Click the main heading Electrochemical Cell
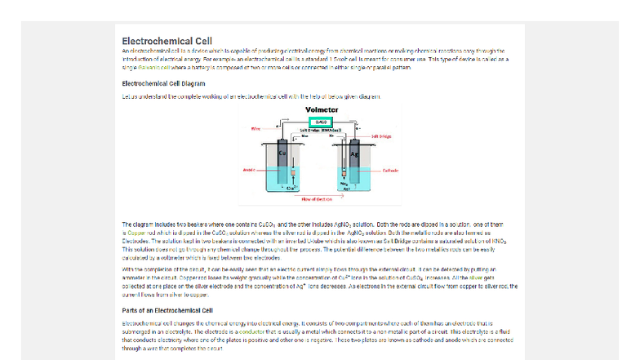(x=167, y=42)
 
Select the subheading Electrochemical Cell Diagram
(x=163, y=83)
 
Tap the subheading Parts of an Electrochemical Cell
(x=167, y=310)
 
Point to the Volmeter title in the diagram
(x=321, y=110)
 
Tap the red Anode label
(x=249, y=171)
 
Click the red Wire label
(x=256, y=128)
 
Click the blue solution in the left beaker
(x=269, y=180)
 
